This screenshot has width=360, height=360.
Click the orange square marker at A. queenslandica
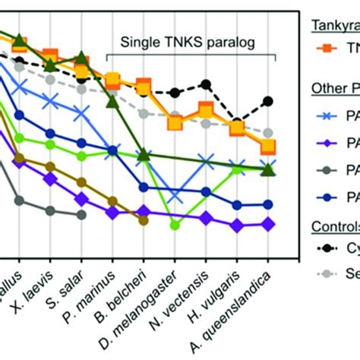point(268,147)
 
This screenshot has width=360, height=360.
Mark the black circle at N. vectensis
point(205,85)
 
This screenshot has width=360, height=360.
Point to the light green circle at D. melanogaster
point(175,224)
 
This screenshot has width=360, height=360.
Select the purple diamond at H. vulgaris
point(237,226)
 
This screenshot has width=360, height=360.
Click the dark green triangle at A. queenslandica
point(267,169)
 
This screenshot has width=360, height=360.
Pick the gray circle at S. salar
point(82,215)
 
